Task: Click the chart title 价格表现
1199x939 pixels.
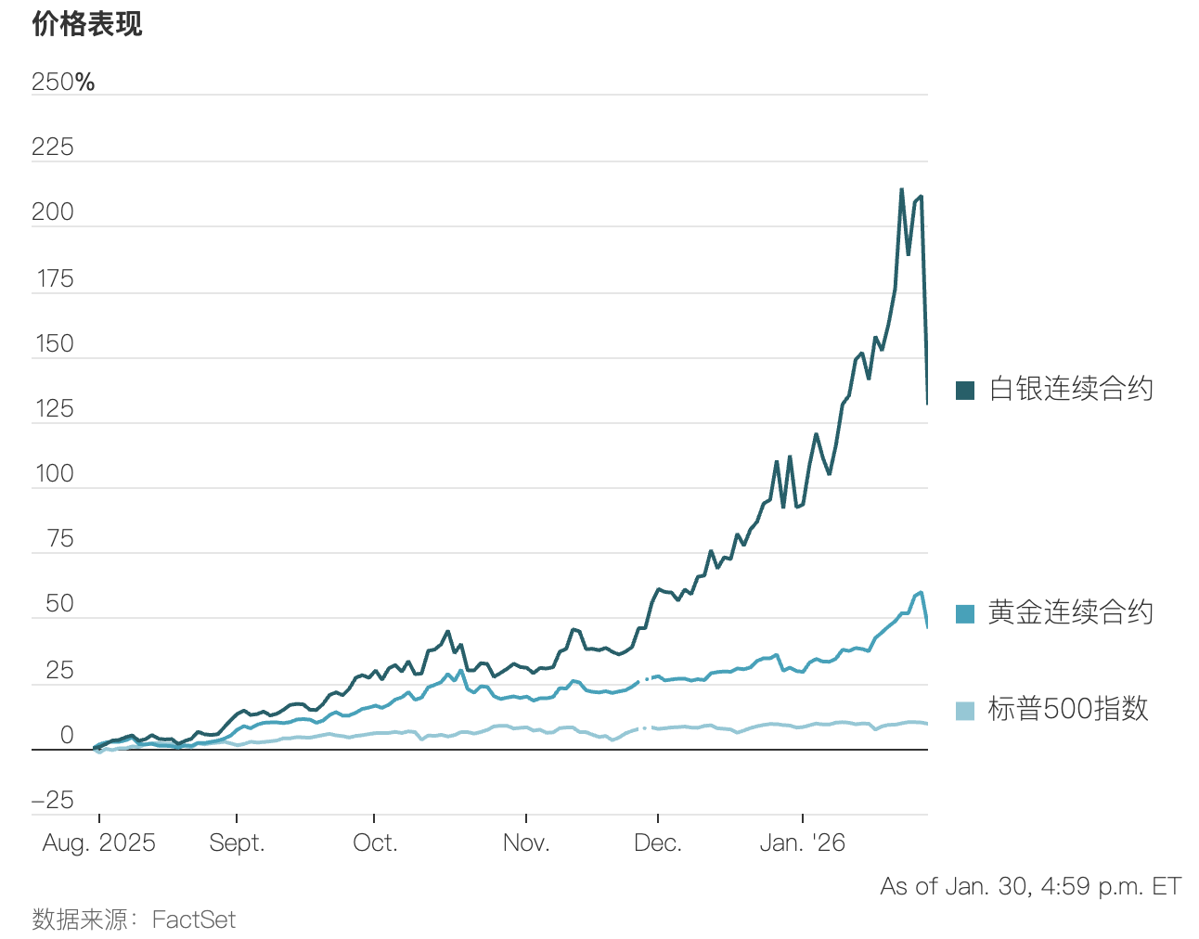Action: tap(87, 24)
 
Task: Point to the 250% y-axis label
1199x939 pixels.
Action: tap(63, 82)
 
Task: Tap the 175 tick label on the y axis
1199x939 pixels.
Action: tap(54, 278)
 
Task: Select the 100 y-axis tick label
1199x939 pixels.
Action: tap(54, 473)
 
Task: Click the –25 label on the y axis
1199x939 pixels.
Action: tap(52, 800)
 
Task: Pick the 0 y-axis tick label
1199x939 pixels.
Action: tap(66, 735)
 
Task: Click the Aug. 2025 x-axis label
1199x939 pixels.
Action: tap(99, 843)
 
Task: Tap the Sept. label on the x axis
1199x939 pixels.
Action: tap(237, 843)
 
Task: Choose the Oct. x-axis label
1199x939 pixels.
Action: tap(375, 843)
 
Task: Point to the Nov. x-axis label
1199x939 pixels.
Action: tap(526, 843)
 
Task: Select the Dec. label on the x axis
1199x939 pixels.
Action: tap(658, 843)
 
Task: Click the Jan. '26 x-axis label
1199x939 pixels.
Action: tap(802, 843)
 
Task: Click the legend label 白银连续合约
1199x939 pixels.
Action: tap(1071, 389)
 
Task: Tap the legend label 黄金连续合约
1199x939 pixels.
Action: tap(1071, 612)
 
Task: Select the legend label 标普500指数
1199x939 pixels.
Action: tap(1068, 709)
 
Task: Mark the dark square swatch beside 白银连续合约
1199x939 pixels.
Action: tap(965, 390)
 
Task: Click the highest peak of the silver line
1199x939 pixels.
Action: tap(901, 189)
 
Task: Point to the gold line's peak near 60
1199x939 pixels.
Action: tap(921, 592)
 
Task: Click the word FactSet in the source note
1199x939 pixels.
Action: tap(194, 920)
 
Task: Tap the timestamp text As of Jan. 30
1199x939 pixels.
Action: tap(1030, 886)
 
